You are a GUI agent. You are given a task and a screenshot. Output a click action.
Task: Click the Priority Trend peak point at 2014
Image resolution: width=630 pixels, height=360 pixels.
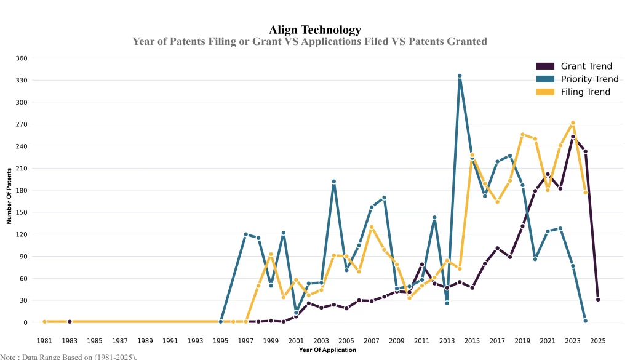coord(460,76)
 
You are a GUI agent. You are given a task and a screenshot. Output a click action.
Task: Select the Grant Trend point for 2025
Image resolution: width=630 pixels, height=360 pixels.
coord(598,300)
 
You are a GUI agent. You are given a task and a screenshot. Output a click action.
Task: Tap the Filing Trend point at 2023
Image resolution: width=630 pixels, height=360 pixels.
coord(573,123)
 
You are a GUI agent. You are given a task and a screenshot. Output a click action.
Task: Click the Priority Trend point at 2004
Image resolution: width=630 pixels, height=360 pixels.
coord(334,182)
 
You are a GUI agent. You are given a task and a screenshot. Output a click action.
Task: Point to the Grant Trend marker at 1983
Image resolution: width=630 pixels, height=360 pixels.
coord(70,322)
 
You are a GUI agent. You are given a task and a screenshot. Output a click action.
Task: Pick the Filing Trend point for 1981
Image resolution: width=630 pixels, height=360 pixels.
coord(44,322)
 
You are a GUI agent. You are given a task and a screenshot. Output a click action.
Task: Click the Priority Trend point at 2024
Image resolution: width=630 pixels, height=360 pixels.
coord(585,321)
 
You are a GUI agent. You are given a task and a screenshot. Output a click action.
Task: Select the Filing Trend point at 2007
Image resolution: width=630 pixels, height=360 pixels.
coord(372,227)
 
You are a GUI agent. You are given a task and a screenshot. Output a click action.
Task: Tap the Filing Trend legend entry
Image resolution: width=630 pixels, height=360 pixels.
coord(585,92)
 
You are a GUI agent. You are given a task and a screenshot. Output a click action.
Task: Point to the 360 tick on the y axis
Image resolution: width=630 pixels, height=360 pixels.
coord(21,58)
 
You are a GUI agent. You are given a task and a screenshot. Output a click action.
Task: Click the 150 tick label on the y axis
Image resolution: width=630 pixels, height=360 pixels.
coord(21,212)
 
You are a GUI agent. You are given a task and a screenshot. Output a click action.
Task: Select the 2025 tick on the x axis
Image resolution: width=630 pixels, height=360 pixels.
coord(598,340)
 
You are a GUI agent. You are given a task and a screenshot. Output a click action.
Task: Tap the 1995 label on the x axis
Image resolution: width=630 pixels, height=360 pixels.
coord(221,340)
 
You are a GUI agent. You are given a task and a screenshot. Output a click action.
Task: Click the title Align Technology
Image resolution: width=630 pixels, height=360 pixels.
coord(315,30)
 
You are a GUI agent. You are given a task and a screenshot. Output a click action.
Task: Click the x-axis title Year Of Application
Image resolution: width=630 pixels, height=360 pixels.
coord(327,350)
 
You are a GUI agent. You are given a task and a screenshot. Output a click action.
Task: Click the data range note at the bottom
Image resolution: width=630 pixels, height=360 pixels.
coord(68,356)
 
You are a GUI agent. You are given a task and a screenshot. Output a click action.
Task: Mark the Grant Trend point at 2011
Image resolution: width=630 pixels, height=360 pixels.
coord(422,265)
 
